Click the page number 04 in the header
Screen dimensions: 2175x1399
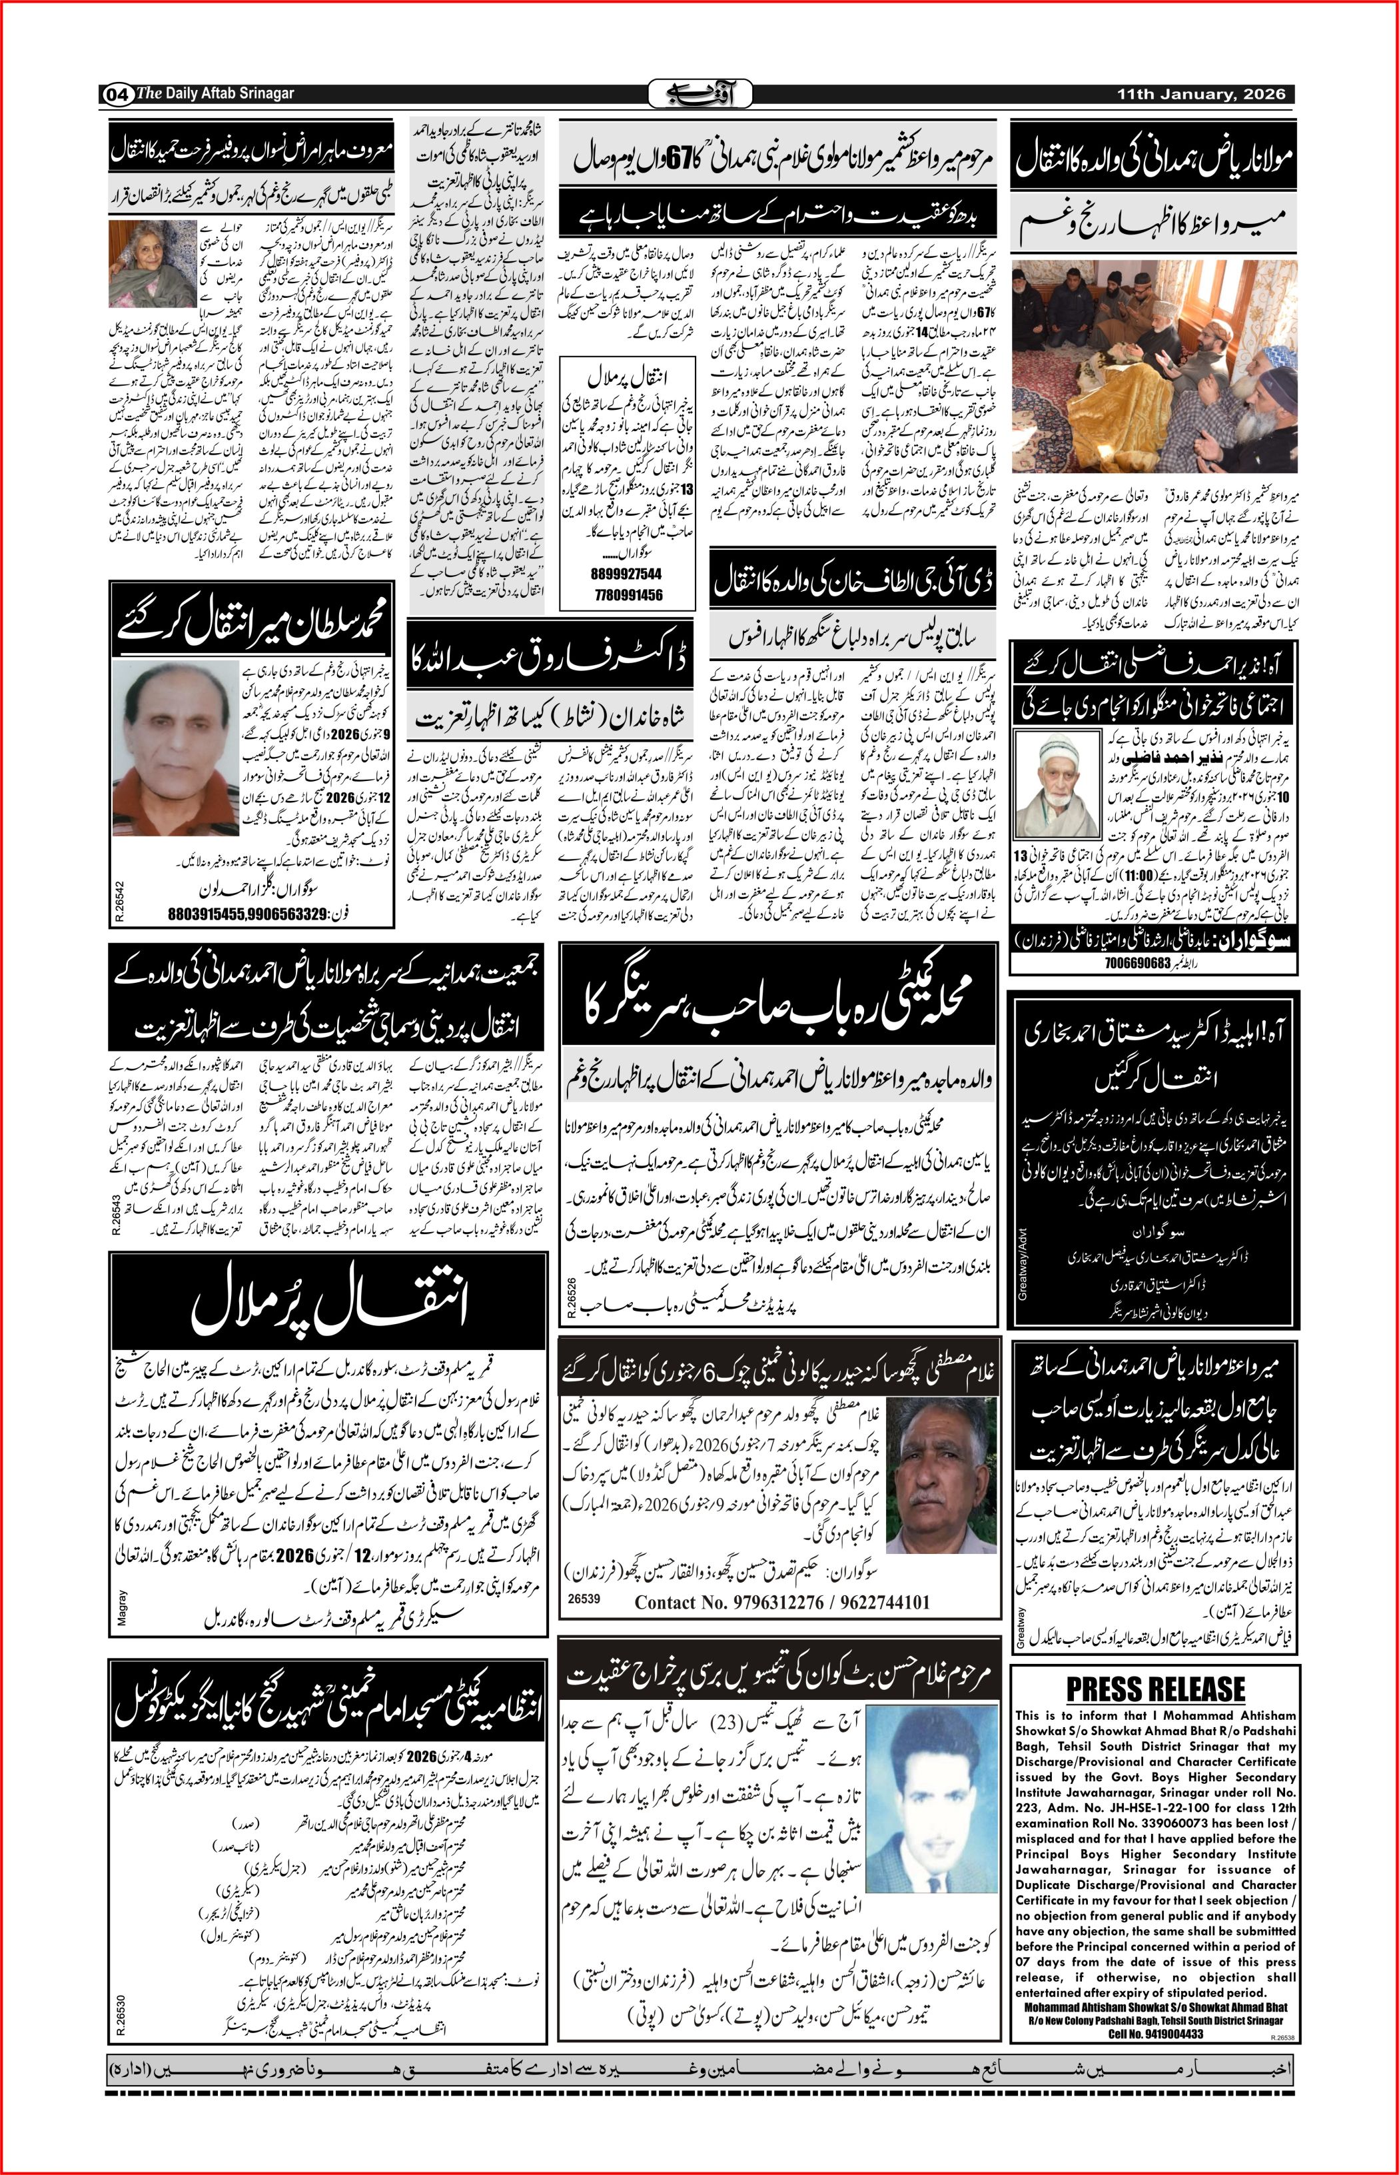coord(117,93)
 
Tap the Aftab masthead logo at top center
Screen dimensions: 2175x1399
coord(699,93)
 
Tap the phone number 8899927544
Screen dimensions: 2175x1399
coord(625,574)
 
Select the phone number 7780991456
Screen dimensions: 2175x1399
coord(625,595)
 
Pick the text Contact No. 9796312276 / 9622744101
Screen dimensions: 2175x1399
coord(781,1602)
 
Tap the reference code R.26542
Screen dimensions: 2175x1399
coord(119,903)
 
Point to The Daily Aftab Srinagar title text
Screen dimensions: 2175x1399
coord(215,93)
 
